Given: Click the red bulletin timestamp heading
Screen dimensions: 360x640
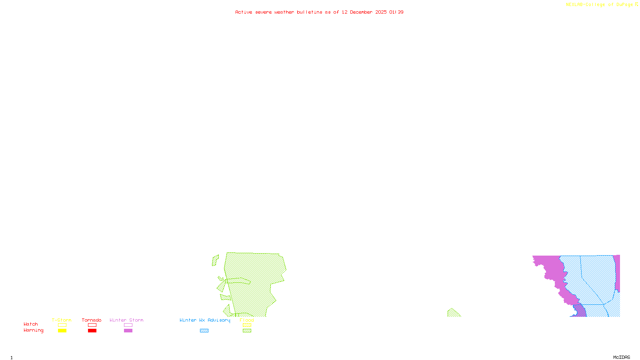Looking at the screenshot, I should click(x=319, y=12).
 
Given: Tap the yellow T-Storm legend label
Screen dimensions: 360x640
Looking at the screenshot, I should click(x=62, y=320).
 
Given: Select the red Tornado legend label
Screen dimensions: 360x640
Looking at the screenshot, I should click(x=92, y=320).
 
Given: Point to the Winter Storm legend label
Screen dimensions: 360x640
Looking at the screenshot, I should click(x=126, y=320).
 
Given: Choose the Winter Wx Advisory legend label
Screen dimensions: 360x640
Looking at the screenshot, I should click(x=205, y=320).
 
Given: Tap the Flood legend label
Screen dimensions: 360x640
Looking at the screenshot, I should click(x=247, y=320).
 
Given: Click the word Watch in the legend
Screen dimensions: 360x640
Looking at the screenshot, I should click(x=31, y=324).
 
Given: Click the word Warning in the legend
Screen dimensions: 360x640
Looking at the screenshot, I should click(x=34, y=330).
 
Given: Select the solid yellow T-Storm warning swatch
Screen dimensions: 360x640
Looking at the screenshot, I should click(x=62, y=331).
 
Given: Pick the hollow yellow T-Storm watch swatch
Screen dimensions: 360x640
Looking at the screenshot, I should click(x=62, y=325).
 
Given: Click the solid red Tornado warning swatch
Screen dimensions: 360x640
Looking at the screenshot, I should click(x=92, y=331).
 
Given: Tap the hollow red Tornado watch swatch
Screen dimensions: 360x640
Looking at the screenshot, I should click(x=92, y=325).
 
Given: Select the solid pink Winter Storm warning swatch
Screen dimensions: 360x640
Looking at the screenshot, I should click(x=128, y=331).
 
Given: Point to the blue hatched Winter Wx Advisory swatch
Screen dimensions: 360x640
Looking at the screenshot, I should click(x=204, y=331).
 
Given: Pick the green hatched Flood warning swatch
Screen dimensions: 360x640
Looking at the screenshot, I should click(x=247, y=331).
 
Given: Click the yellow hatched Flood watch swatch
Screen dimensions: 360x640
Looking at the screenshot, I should click(x=247, y=325).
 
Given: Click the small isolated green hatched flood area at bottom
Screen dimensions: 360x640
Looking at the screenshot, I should click(x=453, y=313).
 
